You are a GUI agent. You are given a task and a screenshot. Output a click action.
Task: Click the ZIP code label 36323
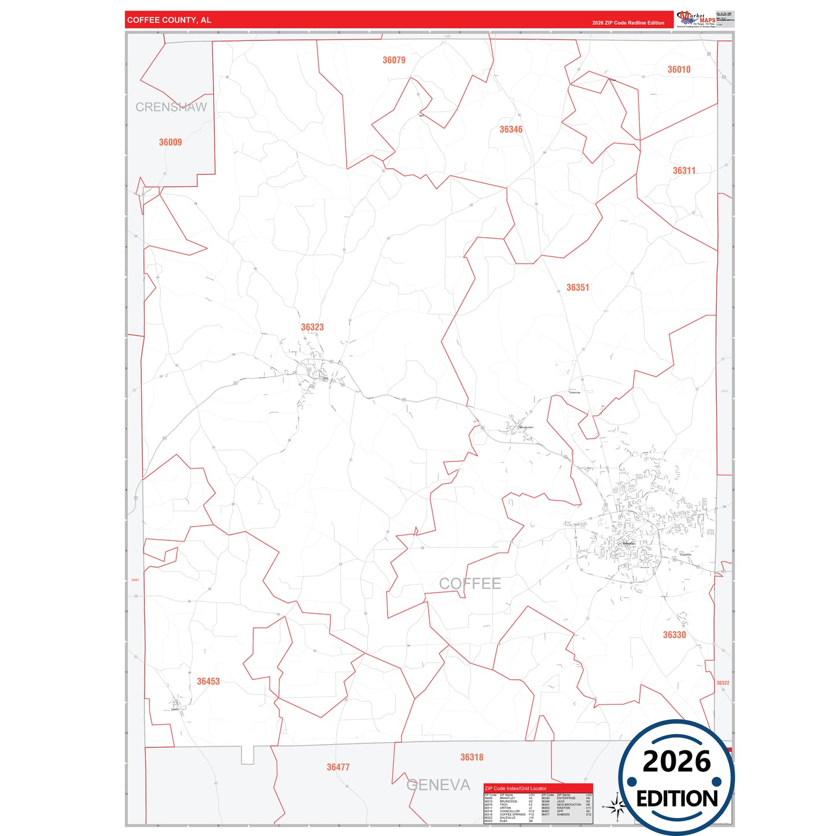312,327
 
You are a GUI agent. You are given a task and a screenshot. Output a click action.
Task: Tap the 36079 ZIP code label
394,60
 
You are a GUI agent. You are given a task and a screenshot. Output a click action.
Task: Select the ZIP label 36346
511,130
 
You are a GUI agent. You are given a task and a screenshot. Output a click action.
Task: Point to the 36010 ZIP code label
679,69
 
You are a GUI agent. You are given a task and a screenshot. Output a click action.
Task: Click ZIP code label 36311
684,171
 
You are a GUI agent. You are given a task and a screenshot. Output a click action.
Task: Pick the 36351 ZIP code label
577,288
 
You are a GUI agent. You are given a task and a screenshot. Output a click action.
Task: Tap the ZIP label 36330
674,635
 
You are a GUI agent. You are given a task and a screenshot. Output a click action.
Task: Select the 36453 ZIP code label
208,682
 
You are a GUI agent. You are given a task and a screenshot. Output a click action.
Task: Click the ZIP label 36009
170,142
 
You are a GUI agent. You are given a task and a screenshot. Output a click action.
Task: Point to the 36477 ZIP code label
338,767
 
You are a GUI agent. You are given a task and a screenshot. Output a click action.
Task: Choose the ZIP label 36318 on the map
472,757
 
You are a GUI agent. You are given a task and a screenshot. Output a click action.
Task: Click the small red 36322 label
723,683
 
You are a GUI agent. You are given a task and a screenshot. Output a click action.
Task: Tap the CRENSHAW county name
171,107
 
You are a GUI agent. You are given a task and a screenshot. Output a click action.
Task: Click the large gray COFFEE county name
470,584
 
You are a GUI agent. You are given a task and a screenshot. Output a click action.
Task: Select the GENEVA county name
438,785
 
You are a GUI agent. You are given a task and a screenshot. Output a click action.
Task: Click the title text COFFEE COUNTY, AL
169,20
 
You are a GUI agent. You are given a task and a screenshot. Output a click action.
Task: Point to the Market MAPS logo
696,19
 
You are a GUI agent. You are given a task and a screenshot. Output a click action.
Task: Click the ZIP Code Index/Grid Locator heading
515,789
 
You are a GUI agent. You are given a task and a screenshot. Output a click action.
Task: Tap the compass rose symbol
617,805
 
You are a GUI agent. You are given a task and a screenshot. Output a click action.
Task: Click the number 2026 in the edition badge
676,761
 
